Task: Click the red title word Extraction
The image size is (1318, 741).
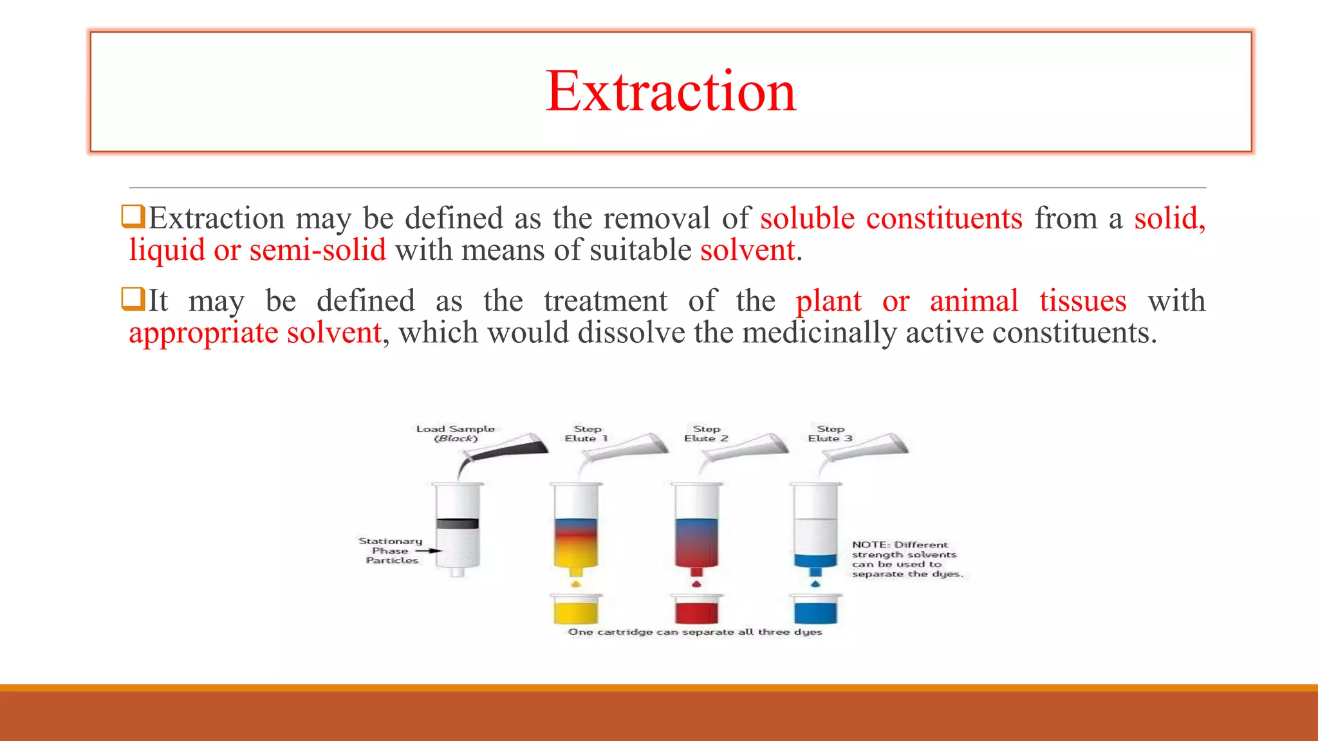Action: [x=671, y=91]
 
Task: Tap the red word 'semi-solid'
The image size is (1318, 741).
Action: [x=318, y=250]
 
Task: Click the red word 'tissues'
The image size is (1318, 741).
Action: [x=1082, y=301]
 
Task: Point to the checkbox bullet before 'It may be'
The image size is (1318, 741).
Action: [x=133, y=299]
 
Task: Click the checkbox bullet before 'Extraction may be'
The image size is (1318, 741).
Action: [x=133, y=216]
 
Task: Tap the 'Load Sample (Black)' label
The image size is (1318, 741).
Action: [x=455, y=434]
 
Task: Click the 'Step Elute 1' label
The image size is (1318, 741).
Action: [x=586, y=434]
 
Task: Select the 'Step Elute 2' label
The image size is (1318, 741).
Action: [x=706, y=434]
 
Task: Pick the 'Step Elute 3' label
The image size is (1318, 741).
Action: [x=830, y=434]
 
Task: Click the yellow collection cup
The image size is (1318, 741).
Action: [x=576, y=609]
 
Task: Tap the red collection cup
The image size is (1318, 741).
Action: [x=696, y=609]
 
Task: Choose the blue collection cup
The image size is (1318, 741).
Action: [x=815, y=609]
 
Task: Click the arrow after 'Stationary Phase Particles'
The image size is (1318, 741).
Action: [x=428, y=551]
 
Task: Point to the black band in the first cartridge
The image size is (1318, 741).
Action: [x=457, y=524]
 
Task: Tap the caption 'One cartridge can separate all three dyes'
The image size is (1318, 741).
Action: [x=694, y=632]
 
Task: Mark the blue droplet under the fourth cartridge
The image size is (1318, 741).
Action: [x=815, y=584]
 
